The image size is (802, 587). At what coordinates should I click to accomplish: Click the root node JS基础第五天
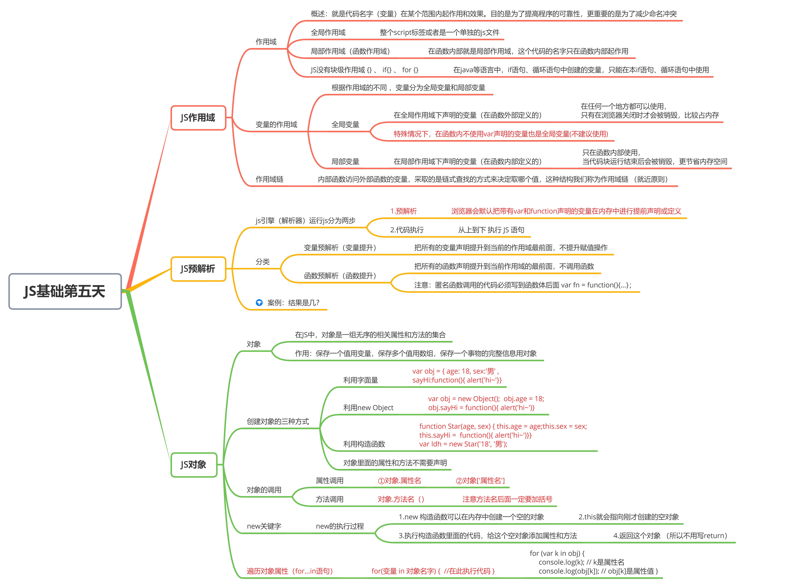click(65, 291)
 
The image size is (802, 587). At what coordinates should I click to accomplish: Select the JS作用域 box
click(198, 118)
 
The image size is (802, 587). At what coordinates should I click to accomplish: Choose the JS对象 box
click(194, 465)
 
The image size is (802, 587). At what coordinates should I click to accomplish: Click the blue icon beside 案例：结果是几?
click(259, 303)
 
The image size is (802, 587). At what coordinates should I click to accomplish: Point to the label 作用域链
click(270, 179)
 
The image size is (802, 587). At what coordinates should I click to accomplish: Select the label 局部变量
click(345, 162)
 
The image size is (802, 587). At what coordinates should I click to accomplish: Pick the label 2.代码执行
click(407, 230)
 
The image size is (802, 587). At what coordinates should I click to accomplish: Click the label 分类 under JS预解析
click(262, 262)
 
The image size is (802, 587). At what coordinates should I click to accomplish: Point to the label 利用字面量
click(361, 380)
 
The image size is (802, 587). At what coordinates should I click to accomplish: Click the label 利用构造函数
click(364, 444)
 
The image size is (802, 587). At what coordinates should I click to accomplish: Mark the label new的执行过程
click(340, 526)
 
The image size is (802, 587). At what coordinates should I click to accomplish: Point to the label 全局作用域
click(328, 33)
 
